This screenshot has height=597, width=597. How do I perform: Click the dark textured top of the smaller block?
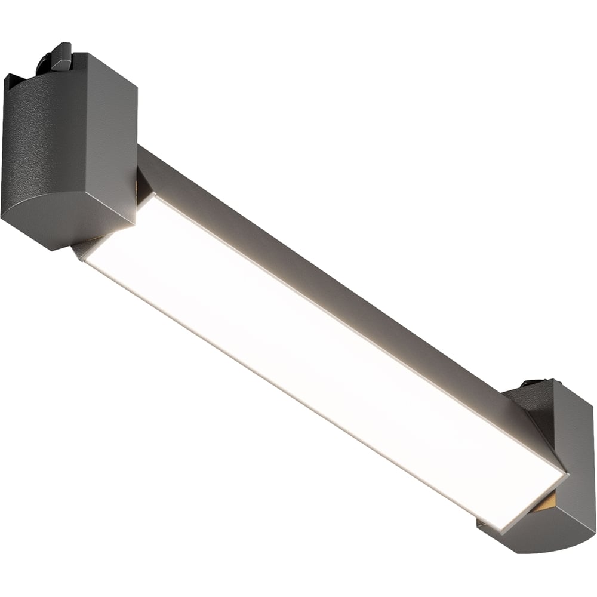[525, 400]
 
